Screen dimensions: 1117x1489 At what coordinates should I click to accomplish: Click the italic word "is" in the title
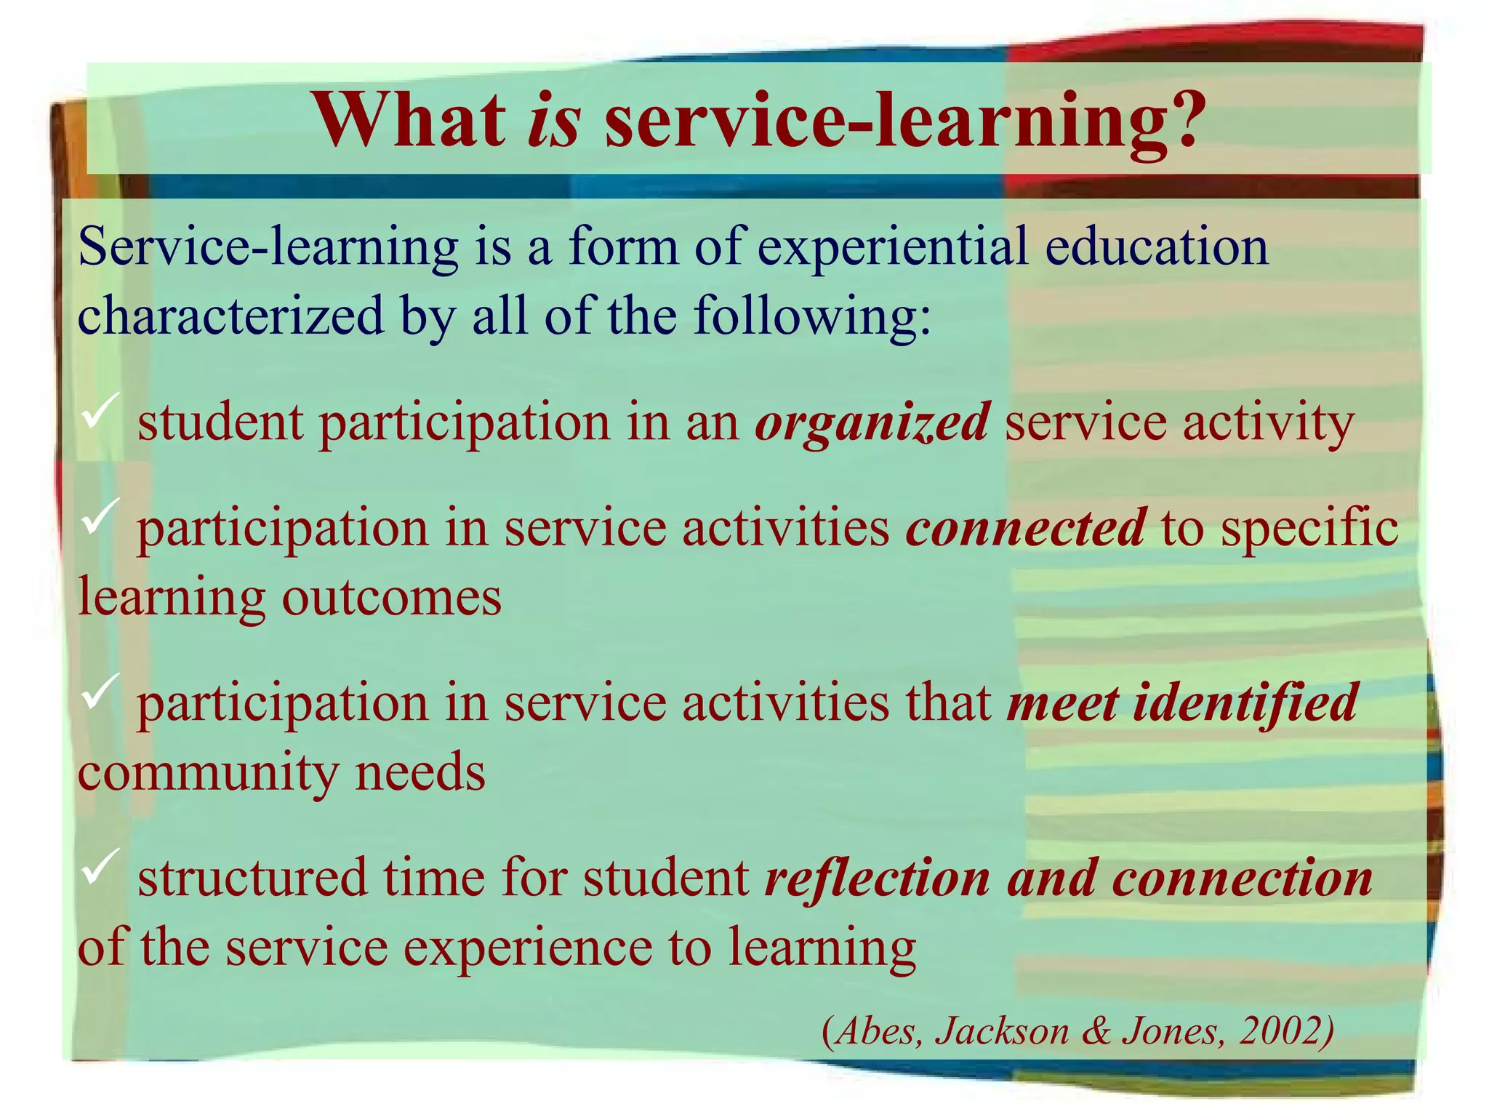point(553,121)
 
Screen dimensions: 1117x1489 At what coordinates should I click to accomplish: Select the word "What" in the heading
point(409,121)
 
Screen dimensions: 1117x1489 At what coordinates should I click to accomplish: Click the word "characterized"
point(230,317)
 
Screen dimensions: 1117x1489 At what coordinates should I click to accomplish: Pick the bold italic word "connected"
point(1026,528)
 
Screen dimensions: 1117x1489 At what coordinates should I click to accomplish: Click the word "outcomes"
point(391,598)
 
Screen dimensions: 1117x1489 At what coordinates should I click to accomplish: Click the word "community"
point(207,772)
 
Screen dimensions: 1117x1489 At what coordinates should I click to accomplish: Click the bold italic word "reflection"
point(877,878)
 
